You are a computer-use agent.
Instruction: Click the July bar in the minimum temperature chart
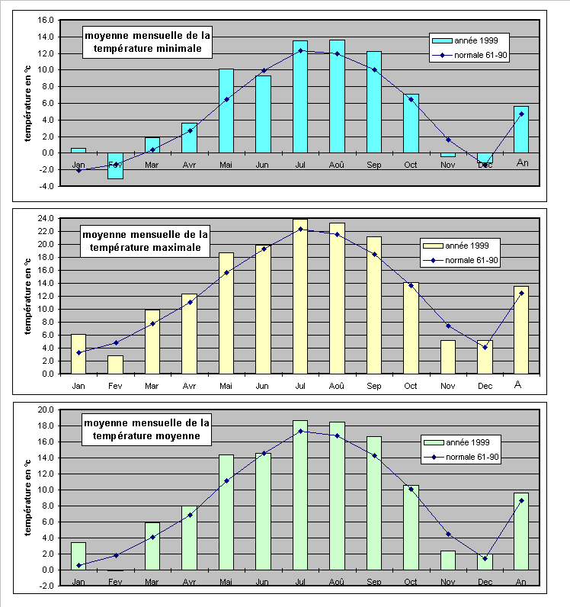coord(300,97)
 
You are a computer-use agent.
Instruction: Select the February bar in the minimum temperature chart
coord(115,165)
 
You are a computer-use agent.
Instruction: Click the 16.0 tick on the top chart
coord(45,21)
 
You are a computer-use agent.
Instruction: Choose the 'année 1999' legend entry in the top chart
coord(469,40)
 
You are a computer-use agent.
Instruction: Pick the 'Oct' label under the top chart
coord(411,164)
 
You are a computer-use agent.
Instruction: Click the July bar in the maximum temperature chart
coord(300,297)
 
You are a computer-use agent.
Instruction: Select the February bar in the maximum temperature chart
coord(115,365)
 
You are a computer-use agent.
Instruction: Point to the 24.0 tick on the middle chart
coord(45,219)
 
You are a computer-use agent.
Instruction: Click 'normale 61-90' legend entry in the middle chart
coord(461,261)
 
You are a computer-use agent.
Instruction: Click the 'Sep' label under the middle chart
coord(374,386)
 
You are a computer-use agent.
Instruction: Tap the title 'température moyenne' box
coord(147,429)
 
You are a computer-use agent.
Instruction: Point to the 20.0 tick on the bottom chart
coord(45,409)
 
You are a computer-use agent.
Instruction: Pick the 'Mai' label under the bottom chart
coord(226,582)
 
